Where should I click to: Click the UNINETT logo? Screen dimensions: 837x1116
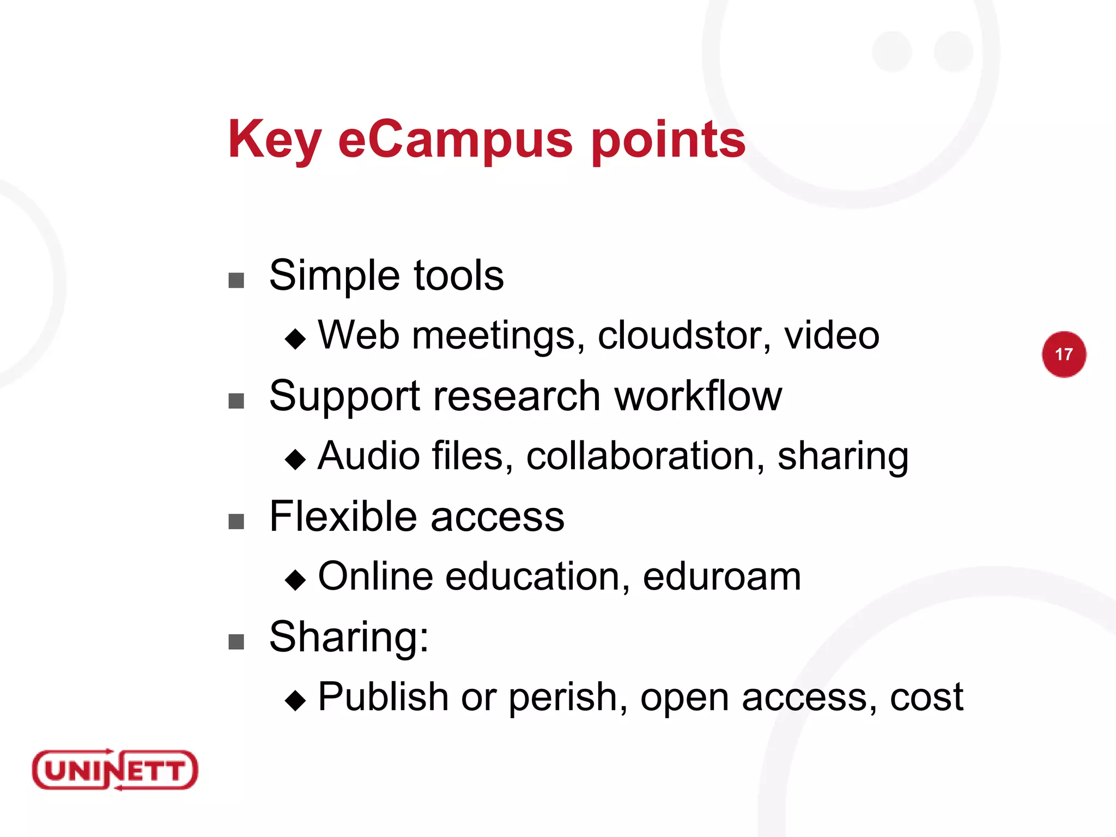[x=115, y=769]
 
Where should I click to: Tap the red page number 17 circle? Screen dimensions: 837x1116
[x=1064, y=354]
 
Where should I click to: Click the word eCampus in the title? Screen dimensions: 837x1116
[x=456, y=140]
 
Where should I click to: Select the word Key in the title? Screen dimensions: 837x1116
[x=275, y=140]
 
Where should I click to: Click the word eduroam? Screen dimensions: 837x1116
[x=721, y=577]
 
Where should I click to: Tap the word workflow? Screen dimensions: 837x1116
[x=698, y=396]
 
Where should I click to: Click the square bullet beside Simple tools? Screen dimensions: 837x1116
[x=236, y=281]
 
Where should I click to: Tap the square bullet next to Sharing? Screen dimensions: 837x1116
[x=236, y=642]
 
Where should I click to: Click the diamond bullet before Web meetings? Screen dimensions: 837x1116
[x=295, y=339]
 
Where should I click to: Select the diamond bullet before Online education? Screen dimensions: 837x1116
[x=295, y=580]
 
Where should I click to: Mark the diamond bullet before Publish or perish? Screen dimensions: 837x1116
[x=295, y=701]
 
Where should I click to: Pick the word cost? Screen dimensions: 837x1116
[x=926, y=697]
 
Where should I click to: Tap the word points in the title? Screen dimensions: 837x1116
[x=669, y=140]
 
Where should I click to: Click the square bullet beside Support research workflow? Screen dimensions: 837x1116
[x=236, y=402]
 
